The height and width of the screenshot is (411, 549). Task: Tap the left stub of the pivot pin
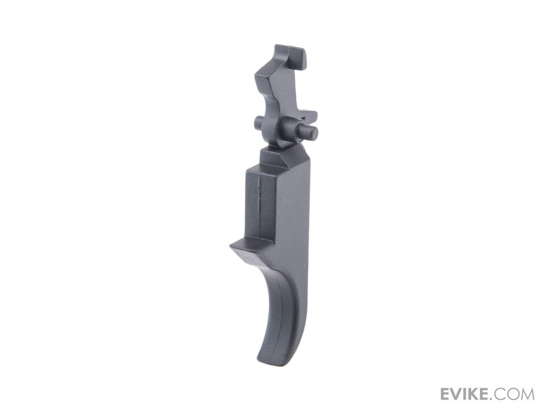click(x=258, y=122)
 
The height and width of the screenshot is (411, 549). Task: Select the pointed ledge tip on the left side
click(x=231, y=246)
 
